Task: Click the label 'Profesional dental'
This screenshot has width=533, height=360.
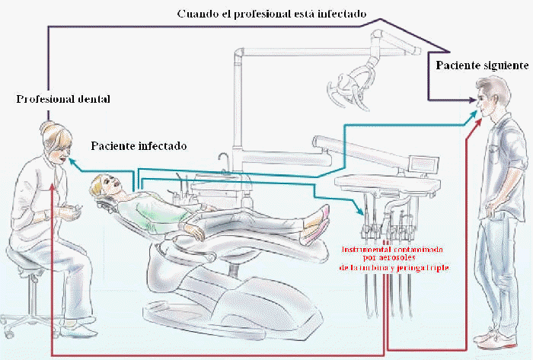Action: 64,100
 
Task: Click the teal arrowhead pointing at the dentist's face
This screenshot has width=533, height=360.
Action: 72,161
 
